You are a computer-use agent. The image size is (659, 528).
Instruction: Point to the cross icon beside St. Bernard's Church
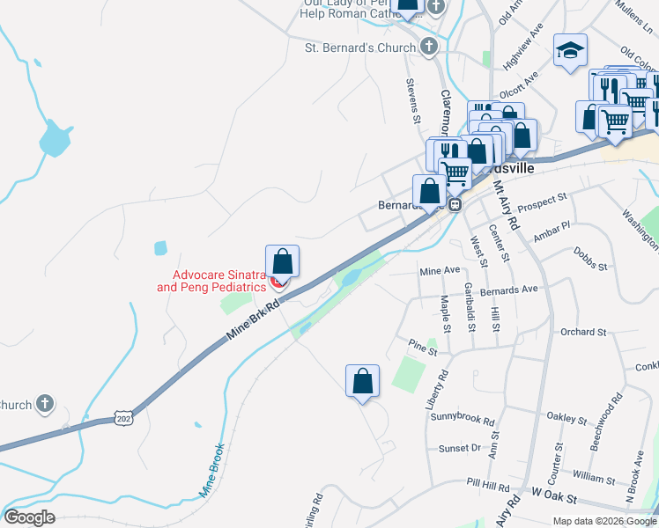[x=429, y=47]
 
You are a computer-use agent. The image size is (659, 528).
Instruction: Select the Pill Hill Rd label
[x=489, y=487]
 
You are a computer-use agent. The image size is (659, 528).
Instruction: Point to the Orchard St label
[x=583, y=333]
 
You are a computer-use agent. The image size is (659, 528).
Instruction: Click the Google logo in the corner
[x=30, y=517]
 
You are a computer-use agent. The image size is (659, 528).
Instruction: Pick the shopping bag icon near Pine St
[x=362, y=382]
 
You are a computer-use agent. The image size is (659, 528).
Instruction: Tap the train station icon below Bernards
[x=455, y=205]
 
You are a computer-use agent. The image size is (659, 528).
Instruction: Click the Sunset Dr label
[x=460, y=448]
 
